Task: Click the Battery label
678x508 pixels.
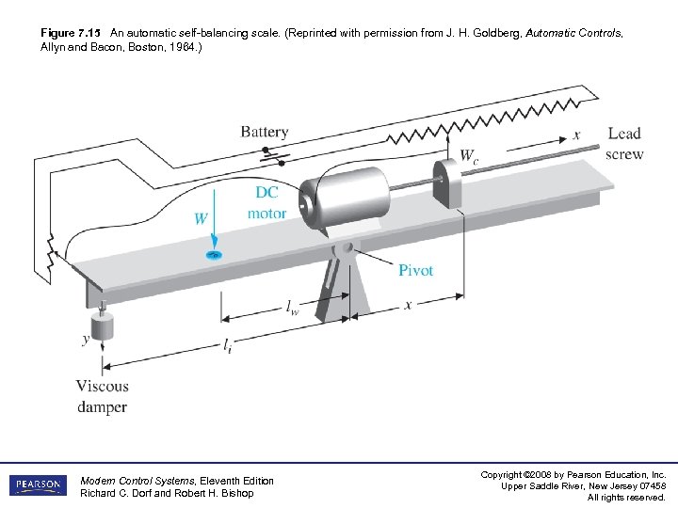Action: pos(264,133)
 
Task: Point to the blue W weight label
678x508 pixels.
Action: pos(201,218)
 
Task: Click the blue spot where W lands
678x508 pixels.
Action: pos(215,254)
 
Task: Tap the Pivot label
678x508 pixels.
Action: pos(415,270)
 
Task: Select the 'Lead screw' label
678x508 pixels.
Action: pos(624,143)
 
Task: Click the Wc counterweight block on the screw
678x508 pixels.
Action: pos(446,183)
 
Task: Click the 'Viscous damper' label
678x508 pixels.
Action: pos(102,396)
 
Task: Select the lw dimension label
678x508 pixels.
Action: pos(294,306)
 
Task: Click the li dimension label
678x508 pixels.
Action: pos(228,348)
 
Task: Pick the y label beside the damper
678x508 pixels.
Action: pos(86,338)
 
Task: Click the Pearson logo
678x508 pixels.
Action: pos(38,485)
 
